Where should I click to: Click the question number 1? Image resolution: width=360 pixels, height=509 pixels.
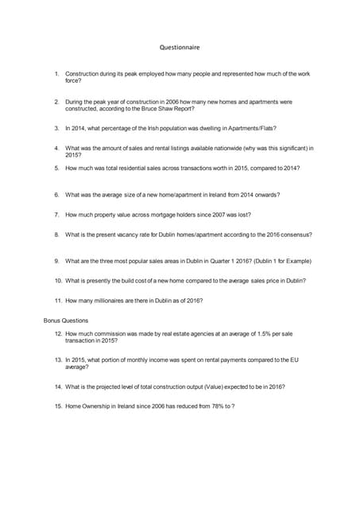tap(57, 74)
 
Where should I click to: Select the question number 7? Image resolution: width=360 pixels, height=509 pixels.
tap(57, 215)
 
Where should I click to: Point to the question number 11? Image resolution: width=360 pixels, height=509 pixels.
tap(58, 301)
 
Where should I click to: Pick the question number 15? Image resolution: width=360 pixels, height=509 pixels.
tap(58, 406)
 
